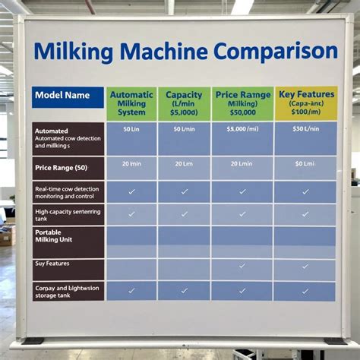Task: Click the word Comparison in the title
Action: tap(275, 52)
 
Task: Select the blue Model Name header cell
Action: tap(68, 97)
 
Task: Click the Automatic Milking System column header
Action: tap(131, 103)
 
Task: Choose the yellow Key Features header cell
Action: tap(305, 103)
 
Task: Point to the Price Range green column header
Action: tap(242, 103)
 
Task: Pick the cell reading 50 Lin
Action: tap(131, 130)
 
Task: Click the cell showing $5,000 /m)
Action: tap(242, 130)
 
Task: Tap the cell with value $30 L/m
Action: tap(305, 130)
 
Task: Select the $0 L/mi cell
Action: tap(305, 163)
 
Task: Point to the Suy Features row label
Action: tap(68, 264)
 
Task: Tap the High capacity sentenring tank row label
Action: tap(68, 215)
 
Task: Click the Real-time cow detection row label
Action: tap(68, 191)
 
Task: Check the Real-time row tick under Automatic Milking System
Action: tap(131, 191)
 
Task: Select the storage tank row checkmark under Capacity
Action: tap(184, 290)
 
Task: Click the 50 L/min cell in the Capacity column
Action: tap(184, 130)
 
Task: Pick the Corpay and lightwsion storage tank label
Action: tap(68, 291)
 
